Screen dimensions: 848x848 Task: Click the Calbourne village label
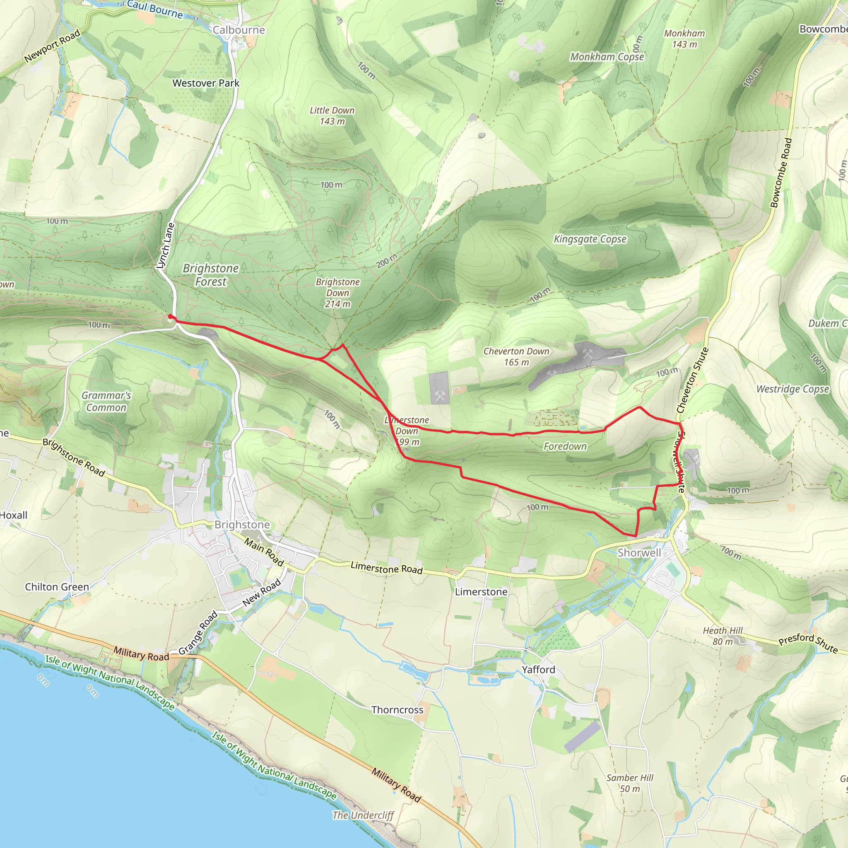point(239,30)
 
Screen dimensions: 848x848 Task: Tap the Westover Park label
point(206,83)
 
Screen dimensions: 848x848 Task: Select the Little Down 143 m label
point(332,116)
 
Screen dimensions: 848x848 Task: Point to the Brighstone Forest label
point(211,275)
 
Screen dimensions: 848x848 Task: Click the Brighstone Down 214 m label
point(337,293)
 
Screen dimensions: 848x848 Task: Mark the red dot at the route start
point(170,316)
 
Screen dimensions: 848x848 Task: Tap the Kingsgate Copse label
point(590,239)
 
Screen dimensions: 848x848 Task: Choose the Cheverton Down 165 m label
point(516,357)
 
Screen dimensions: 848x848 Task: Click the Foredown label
point(565,446)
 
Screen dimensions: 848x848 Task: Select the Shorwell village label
point(638,553)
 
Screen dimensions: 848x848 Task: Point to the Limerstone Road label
point(386,569)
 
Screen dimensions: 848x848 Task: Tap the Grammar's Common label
point(106,401)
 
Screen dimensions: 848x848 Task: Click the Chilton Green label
point(57,587)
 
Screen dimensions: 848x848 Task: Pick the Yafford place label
point(538,670)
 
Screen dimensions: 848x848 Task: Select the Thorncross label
point(397,710)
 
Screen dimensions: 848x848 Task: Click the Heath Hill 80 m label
point(723,636)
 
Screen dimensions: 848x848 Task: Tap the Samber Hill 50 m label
point(630,783)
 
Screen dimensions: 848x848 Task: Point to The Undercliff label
point(363,815)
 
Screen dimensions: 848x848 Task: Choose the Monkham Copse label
point(607,57)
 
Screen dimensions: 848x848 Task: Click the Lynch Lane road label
point(166,246)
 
